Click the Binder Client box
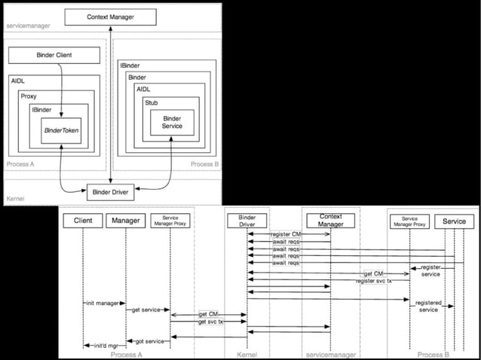point(54,55)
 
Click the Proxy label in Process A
point(29,97)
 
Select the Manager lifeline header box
point(125,221)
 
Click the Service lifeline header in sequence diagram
point(454,221)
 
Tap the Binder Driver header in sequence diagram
point(248,221)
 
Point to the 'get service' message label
point(146,309)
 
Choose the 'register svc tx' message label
point(374,281)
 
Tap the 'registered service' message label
point(428,306)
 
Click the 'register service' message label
point(430,270)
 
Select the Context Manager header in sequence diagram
point(329,221)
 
